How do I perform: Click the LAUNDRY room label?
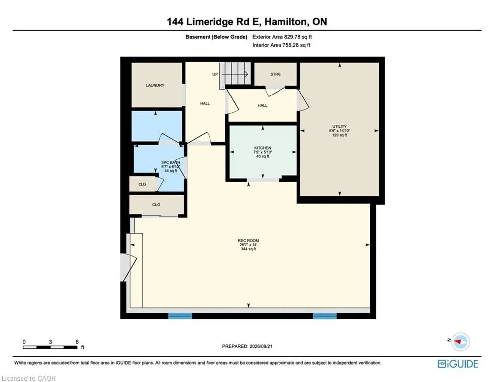coord(155,85)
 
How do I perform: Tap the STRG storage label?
coord(276,74)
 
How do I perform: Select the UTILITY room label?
coord(339,126)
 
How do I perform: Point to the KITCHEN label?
coord(262,148)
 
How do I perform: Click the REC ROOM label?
coord(248,241)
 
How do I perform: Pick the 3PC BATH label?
coord(171,163)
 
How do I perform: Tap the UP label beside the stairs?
coord(215,74)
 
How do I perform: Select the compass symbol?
coord(460,341)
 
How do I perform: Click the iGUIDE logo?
coord(458,364)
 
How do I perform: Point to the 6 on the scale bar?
coord(77,342)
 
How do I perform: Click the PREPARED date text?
coord(247,346)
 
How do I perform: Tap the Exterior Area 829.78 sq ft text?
coord(282,37)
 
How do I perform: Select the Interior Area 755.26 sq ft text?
coord(281,45)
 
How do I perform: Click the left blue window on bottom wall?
coord(180,316)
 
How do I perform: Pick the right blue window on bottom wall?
coord(325,316)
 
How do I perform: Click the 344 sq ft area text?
coord(248,249)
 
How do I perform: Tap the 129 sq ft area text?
coord(339,135)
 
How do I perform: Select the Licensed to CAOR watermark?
coord(28,378)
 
